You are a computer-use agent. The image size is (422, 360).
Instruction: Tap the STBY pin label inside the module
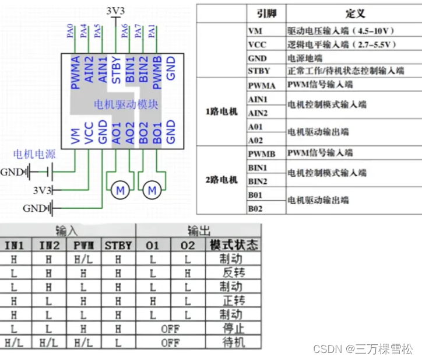[x=117, y=70]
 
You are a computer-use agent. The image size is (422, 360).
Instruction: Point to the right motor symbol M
[x=152, y=190]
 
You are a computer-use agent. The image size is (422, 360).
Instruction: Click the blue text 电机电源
[x=34, y=155]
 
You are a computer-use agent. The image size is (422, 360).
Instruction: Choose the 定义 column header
[x=355, y=13]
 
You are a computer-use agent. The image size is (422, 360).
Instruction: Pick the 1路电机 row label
[x=221, y=111]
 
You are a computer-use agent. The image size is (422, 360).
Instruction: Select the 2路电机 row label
[x=221, y=180]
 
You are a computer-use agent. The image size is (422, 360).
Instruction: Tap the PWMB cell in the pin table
[x=261, y=153]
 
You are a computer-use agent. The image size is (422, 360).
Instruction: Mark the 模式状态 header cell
[x=234, y=245]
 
